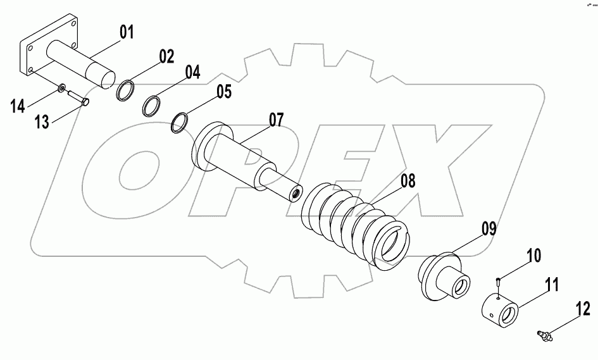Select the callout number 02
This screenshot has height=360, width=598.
click(x=166, y=56)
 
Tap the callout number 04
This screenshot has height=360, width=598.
click(x=192, y=73)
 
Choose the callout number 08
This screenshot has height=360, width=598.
click(x=407, y=182)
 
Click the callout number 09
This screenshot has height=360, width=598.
click(x=489, y=229)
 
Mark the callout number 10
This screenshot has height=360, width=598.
click(x=533, y=256)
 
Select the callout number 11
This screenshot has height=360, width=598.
click(x=552, y=285)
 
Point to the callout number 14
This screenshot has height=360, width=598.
click(x=17, y=106)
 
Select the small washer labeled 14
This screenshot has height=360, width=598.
click(x=63, y=88)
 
